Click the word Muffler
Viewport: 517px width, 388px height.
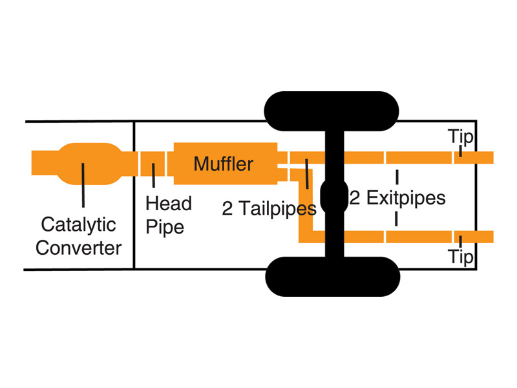tap(223, 164)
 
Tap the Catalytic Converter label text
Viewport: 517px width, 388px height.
tap(78, 236)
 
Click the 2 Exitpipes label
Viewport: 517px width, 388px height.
tap(397, 197)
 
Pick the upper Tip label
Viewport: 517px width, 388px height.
tap(461, 137)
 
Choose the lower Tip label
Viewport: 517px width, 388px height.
tap(461, 257)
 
